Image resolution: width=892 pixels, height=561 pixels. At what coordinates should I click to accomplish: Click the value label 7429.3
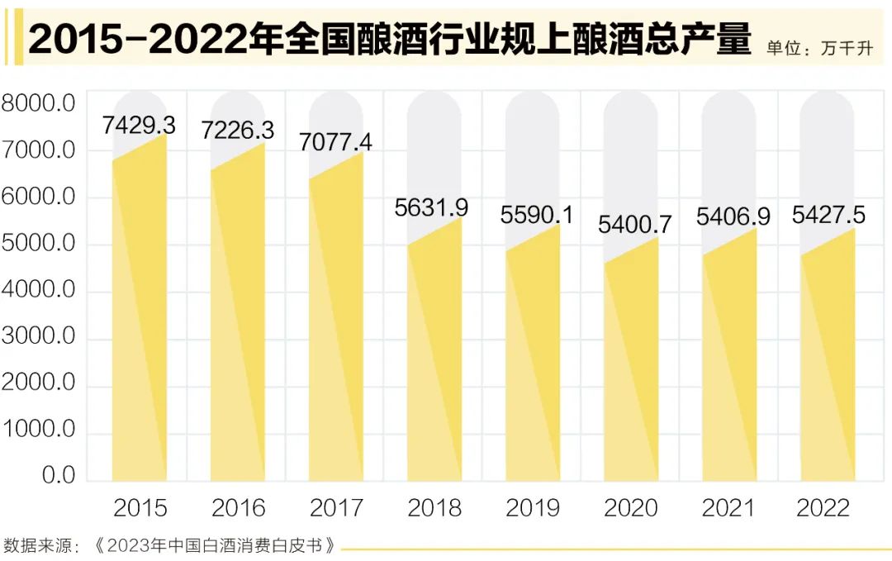139,125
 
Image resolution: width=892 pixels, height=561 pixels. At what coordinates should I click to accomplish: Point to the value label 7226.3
238,130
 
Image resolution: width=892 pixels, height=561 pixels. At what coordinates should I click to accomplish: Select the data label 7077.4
335,142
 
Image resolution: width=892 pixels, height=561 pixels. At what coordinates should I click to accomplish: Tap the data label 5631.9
431,207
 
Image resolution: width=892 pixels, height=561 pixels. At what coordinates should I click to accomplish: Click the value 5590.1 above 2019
537,215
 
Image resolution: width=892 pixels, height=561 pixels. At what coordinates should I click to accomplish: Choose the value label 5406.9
733,216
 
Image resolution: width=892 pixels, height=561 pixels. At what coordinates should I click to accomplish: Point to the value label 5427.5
828,216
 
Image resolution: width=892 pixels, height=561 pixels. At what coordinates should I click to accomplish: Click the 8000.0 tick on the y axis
39,104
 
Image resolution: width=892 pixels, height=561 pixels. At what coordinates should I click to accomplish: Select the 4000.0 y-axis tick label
39,291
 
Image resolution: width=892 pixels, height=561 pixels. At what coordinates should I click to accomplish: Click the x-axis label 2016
239,507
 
